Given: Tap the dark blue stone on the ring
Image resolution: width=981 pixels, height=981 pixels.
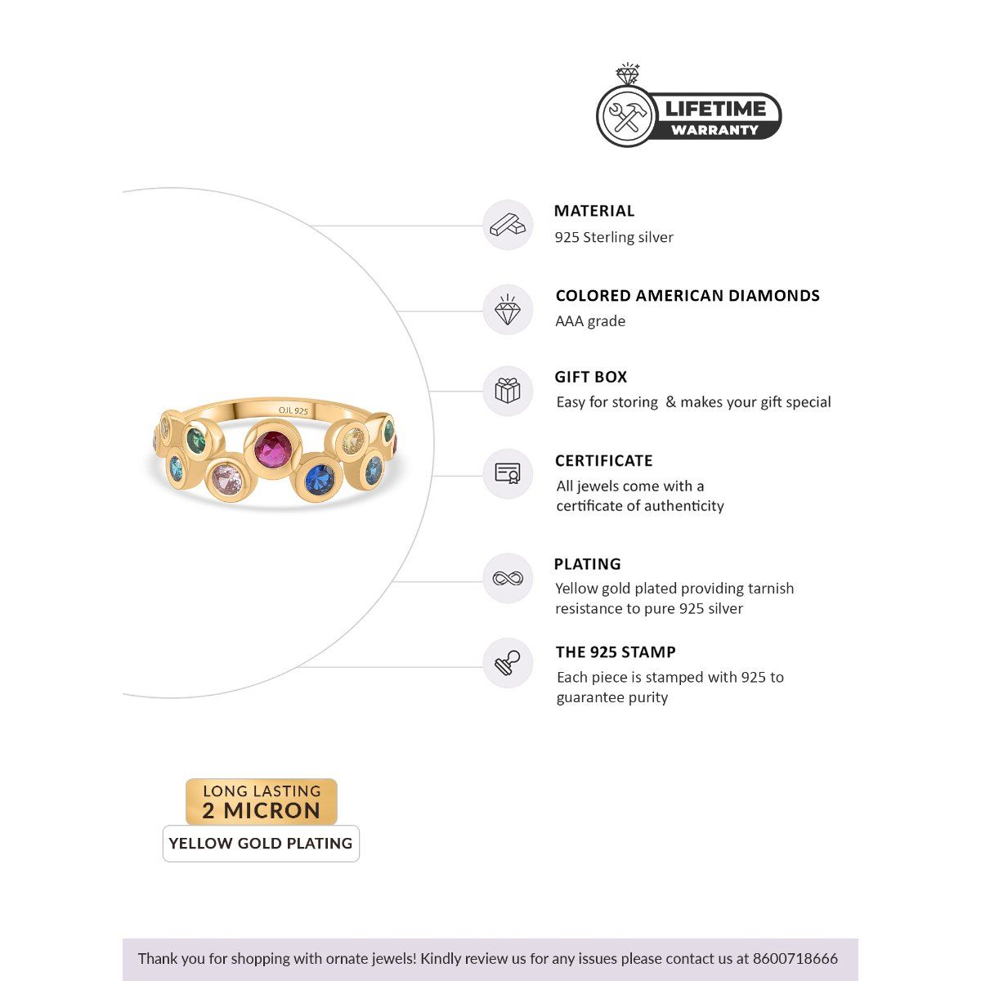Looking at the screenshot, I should tap(320, 480).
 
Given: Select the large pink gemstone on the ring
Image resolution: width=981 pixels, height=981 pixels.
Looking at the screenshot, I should tap(226, 479).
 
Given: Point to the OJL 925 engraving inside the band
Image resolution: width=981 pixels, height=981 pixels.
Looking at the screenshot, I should tap(293, 411).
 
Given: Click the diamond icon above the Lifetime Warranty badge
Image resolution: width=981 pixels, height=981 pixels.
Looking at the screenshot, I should tap(628, 74).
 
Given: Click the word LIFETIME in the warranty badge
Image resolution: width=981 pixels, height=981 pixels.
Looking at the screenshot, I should tap(715, 109).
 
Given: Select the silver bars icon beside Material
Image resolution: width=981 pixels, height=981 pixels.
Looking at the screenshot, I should tap(508, 225).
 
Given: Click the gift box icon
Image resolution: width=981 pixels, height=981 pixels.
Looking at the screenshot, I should tap(508, 391).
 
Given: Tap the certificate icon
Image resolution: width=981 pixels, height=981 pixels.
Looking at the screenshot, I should tap(508, 473).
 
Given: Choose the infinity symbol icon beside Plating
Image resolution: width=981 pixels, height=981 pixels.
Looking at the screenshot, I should tap(508, 579).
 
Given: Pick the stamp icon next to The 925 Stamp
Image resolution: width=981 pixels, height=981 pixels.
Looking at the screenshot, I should tap(508, 663).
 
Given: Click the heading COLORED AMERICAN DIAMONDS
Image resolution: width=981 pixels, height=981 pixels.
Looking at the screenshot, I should tap(688, 296).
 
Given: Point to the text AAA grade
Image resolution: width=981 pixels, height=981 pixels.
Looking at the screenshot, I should tap(590, 321).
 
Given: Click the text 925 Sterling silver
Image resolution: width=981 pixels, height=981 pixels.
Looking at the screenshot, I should tap(614, 237).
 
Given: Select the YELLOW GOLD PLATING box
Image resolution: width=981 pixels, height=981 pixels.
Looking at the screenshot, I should tap(261, 844).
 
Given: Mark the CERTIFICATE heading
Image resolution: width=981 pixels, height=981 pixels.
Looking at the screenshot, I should tap(604, 461).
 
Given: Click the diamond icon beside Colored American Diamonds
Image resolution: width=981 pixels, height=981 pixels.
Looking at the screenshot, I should tap(508, 310).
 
